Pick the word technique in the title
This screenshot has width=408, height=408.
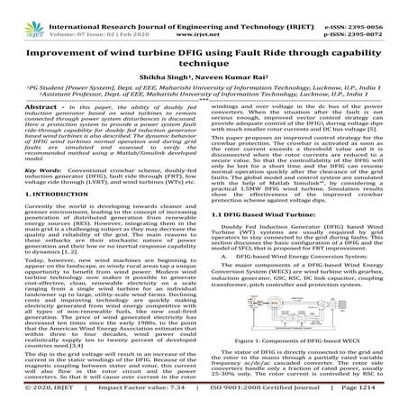pyautogui.click(x=203, y=54)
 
